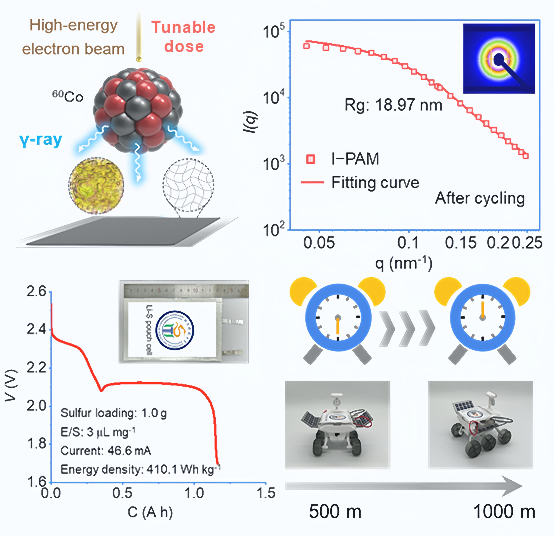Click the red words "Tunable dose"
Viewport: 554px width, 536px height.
(x=184, y=37)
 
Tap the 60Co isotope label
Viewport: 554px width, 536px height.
(x=68, y=97)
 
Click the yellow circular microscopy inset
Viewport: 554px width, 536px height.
(x=96, y=185)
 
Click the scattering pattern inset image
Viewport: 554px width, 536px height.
(x=499, y=59)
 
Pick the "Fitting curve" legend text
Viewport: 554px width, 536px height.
(x=375, y=183)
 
